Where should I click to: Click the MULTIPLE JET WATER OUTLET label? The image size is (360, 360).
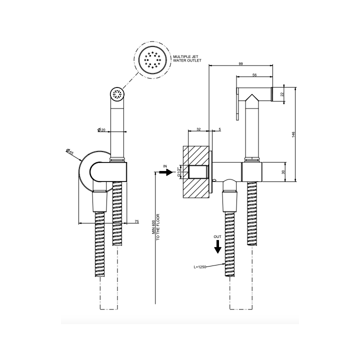pos(187,58)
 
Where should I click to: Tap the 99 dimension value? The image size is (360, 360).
pos(240,63)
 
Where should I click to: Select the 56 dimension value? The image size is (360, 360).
pos(254,75)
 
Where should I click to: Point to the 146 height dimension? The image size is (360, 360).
pos(293,134)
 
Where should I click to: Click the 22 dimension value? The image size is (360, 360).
pos(282,94)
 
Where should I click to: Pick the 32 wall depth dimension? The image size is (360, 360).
pos(198,129)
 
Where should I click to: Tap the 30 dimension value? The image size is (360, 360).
pos(283,172)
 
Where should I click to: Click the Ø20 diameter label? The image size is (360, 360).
pos(101,130)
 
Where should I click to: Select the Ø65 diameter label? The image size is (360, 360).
pos(69,152)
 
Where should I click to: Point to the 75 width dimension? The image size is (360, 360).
pos(136,221)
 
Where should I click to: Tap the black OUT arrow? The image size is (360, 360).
pos(217,247)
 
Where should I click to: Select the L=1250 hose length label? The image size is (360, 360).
pos(199,267)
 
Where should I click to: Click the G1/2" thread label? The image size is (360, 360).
pos(178,172)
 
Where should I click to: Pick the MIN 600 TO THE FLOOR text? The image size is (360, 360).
pos(155,227)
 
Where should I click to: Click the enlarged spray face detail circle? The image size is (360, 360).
pos(151,60)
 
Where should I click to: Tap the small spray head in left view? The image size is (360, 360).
pos(117,93)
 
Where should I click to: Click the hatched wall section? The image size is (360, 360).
pos(196,172)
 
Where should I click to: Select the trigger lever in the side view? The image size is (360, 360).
pos(237,103)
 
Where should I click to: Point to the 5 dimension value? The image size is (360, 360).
pos(219,129)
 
